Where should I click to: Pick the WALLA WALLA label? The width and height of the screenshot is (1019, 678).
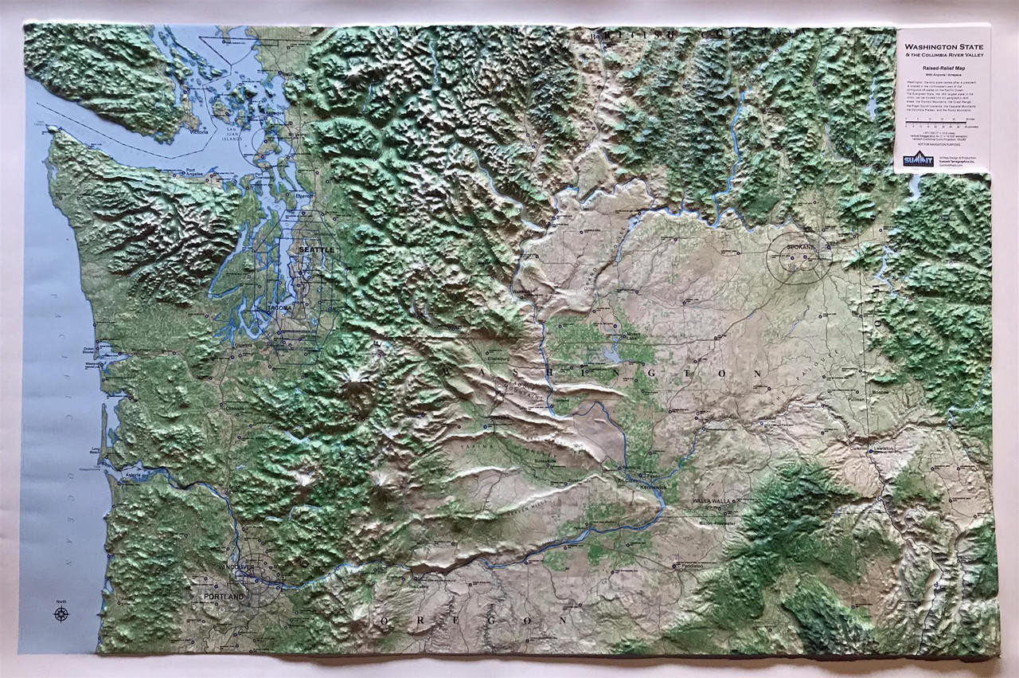click(711, 500)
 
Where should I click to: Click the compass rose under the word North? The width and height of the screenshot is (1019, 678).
click(61, 613)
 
